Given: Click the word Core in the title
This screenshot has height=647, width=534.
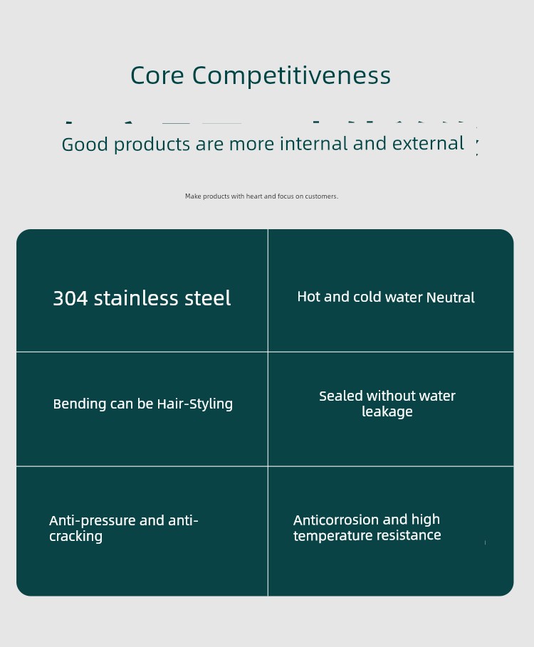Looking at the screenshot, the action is coord(157,75).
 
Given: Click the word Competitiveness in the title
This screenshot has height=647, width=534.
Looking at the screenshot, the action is coord(291,76).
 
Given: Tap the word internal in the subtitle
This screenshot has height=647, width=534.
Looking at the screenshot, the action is coord(313,144).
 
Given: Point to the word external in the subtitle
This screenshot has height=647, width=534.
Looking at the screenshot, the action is coord(428,144).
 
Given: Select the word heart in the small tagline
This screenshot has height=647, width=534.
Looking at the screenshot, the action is coord(254,196).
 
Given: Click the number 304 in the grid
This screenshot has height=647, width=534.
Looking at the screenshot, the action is coord(70,298).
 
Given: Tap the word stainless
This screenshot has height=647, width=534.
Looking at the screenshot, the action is coord(136,298).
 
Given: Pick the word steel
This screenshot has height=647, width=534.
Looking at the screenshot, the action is coord(208,298).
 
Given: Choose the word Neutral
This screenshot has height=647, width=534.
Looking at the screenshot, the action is coord(450,298).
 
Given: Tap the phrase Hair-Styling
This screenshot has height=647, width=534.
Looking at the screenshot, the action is coord(195,404).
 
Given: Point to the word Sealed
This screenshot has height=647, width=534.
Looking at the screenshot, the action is coord(341,396).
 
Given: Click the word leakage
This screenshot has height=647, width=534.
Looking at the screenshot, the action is coord(387,412).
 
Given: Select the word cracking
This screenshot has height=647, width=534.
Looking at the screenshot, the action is coord(76,537).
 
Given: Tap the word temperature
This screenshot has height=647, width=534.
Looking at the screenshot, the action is coord(329,535).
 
